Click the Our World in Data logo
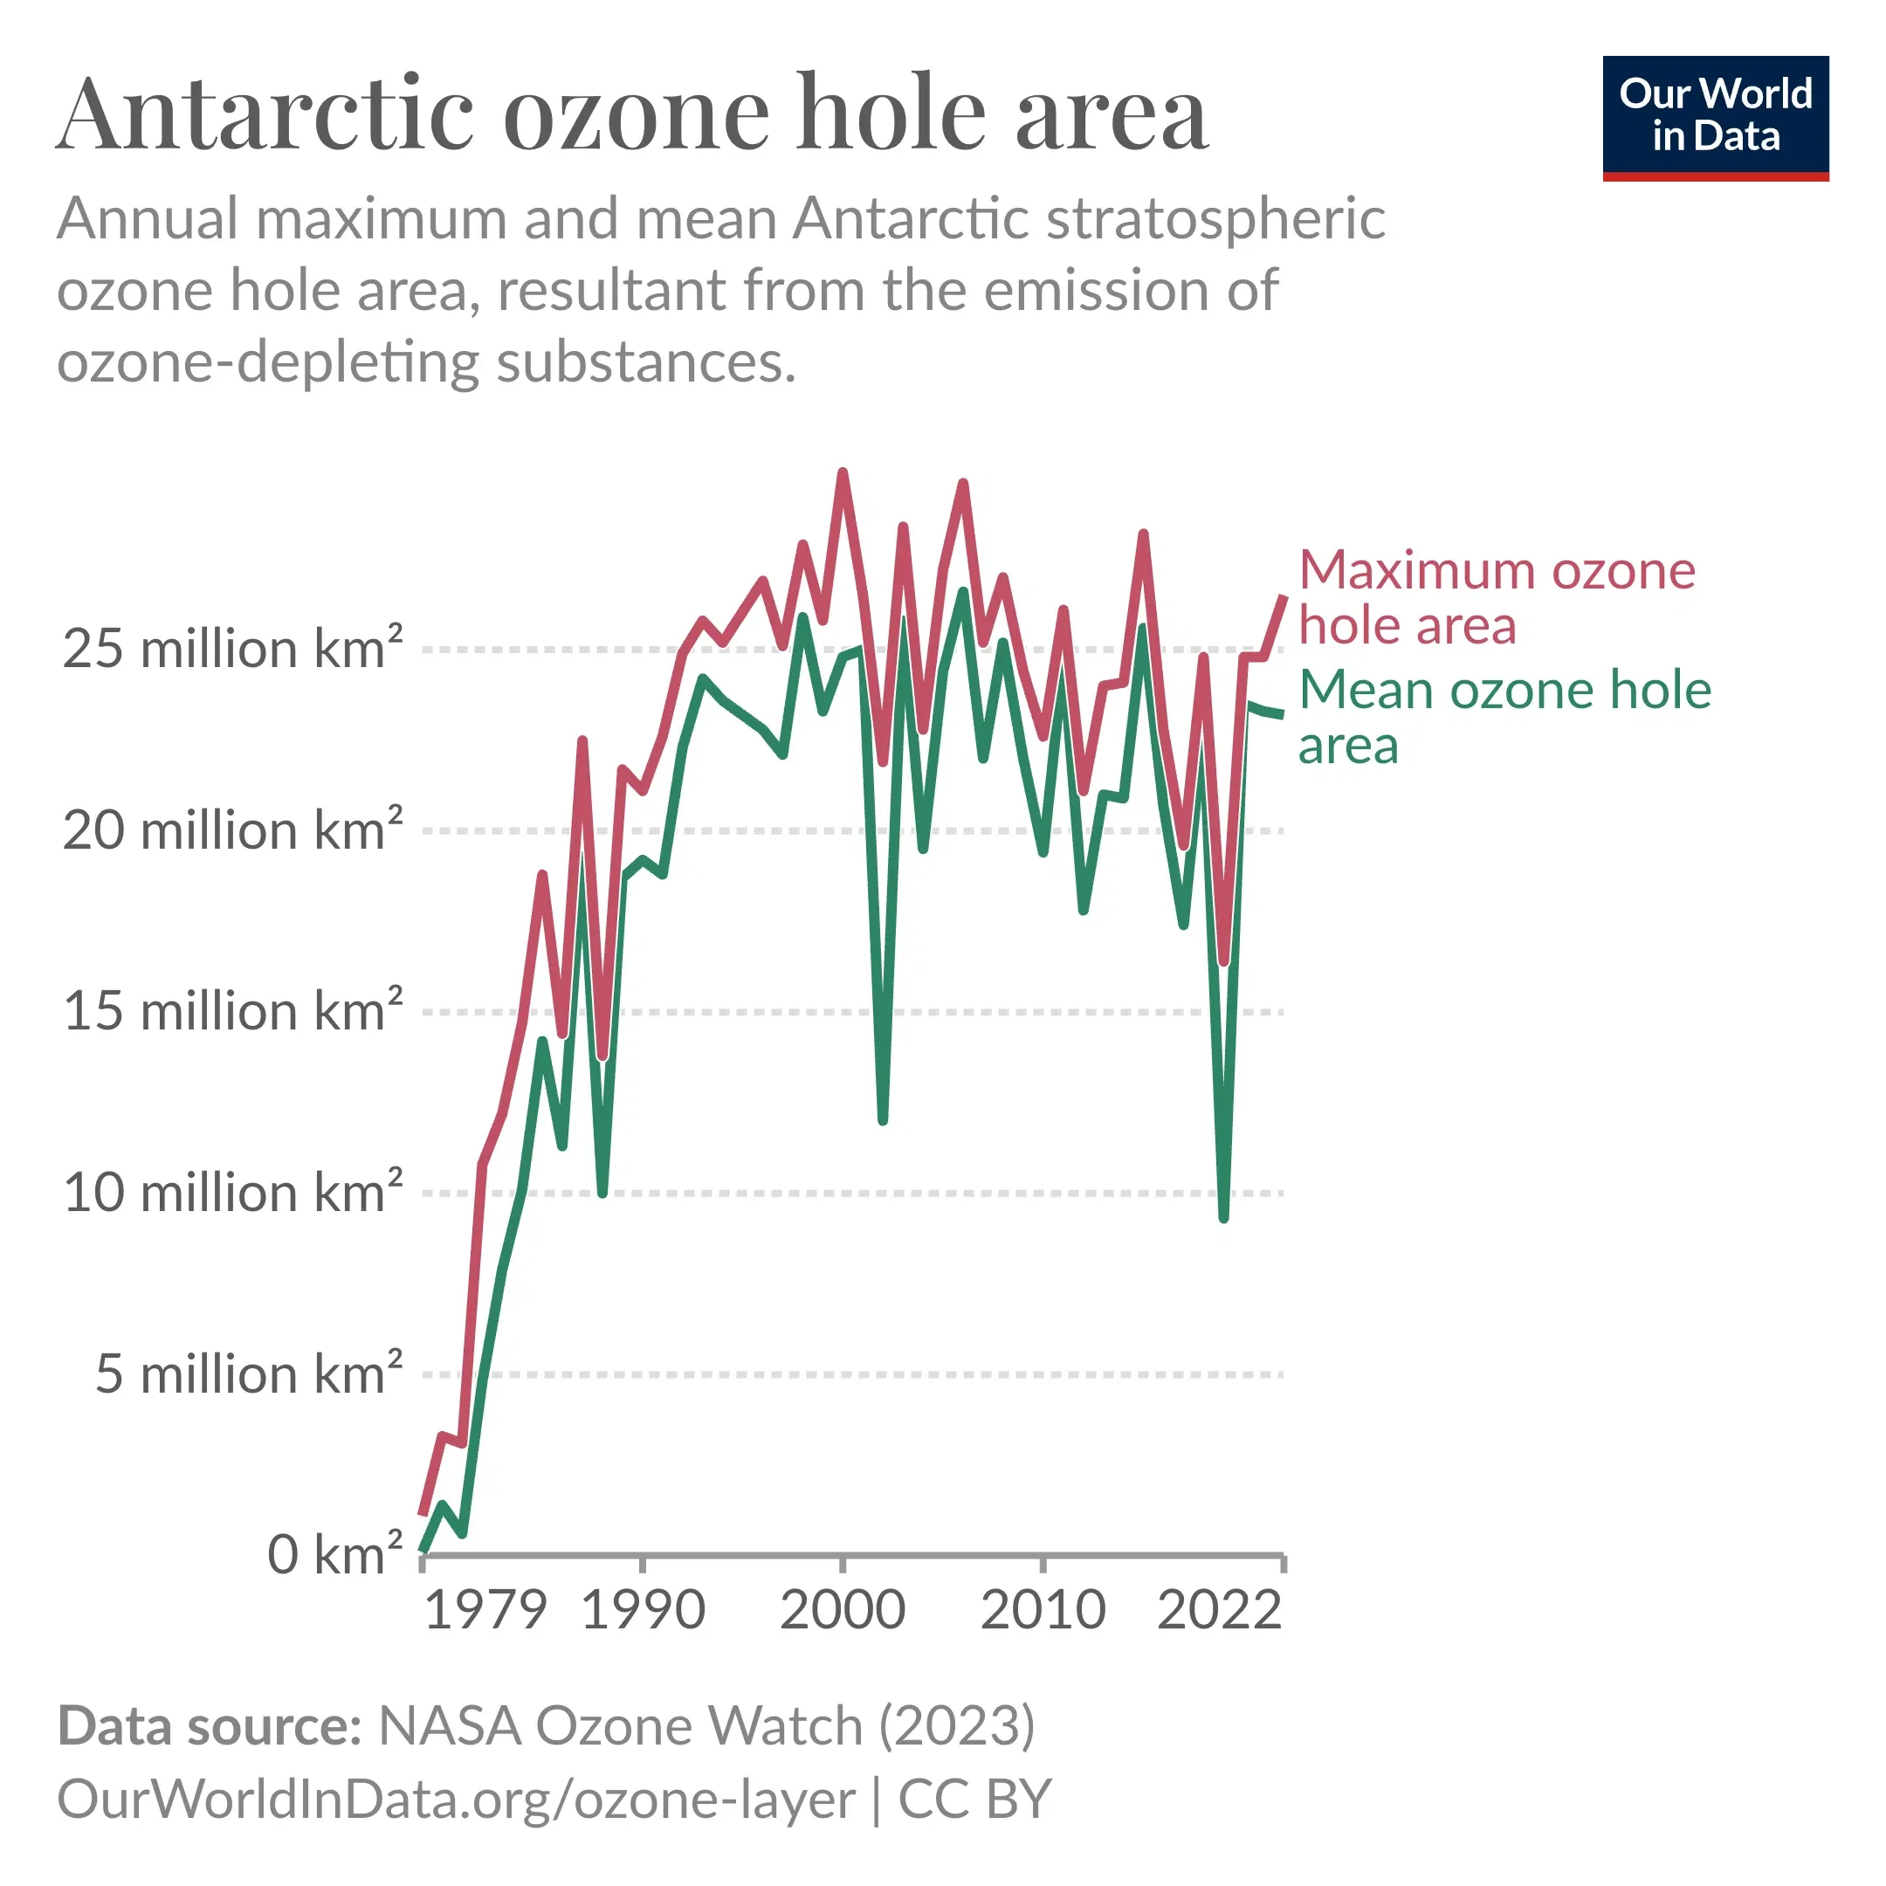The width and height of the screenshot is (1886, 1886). click(x=1715, y=117)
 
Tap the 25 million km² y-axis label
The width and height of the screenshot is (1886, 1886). click(x=232, y=649)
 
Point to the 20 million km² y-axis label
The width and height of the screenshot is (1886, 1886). click(x=232, y=830)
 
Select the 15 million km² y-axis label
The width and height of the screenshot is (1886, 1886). click(x=232, y=1011)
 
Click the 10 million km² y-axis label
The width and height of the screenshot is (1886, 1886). click(x=232, y=1193)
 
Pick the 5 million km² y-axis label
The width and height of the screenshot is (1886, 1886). click(x=248, y=1374)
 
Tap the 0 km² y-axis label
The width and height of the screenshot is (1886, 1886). click(x=334, y=1555)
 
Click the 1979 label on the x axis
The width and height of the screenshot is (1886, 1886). click(x=485, y=1611)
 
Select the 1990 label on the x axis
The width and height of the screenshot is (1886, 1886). click(x=644, y=1611)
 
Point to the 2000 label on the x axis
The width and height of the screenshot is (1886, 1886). click(x=843, y=1611)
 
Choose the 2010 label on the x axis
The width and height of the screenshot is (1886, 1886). click(x=1043, y=1611)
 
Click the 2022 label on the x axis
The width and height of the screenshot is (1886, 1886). click(x=1219, y=1611)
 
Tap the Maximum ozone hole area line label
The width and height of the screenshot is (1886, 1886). click(x=1497, y=597)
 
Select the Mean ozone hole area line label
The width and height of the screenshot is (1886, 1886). click(x=1504, y=718)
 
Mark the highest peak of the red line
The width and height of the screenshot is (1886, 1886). click(x=843, y=473)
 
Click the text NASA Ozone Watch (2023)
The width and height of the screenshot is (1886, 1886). click(x=706, y=1726)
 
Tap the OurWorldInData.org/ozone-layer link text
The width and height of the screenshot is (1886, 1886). click(x=456, y=1799)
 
